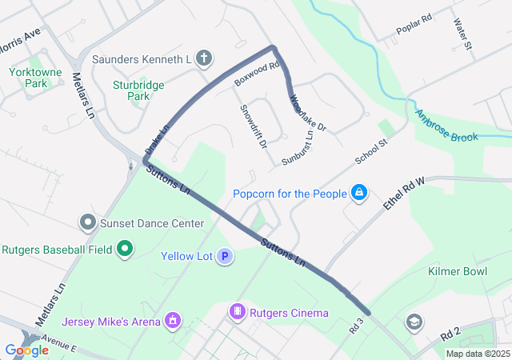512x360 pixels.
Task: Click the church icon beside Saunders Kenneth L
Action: (x=205, y=58)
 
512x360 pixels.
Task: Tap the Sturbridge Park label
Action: (x=132, y=88)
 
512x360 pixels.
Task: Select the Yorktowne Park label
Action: (x=28, y=77)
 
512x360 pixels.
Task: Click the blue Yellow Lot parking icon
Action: (x=226, y=257)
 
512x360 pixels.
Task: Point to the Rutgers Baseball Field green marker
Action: (x=124, y=250)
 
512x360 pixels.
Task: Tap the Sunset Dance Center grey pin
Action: (x=87, y=222)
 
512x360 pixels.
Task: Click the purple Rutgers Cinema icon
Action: (x=237, y=312)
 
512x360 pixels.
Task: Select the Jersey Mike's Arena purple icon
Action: (x=170, y=322)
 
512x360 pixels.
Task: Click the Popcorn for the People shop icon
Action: (x=359, y=194)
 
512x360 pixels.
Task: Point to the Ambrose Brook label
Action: (x=446, y=126)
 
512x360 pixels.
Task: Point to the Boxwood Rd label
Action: (x=256, y=74)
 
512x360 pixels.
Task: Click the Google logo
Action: (x=26, y=350)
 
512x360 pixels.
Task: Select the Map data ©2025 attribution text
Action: (x=477, y=354)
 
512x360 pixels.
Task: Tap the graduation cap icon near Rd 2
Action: (x=414, y=322)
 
